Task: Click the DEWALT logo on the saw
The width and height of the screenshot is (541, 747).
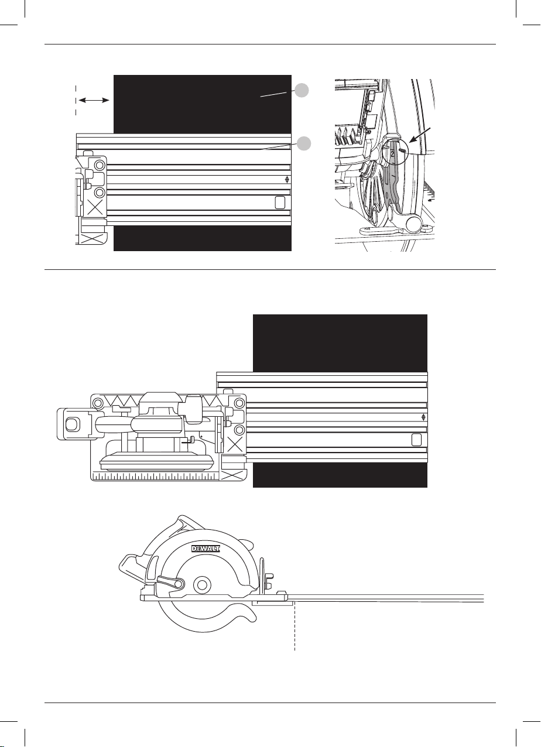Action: [206, 548]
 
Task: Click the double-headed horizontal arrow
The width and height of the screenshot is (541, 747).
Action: [94, 100]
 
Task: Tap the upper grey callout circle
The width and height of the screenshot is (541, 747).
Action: [302, 90]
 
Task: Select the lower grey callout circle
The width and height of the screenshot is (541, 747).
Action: [304, 143]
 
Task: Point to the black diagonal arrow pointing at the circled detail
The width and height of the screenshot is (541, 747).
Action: [422, 135]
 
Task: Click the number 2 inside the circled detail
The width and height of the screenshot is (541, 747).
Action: [392, 154]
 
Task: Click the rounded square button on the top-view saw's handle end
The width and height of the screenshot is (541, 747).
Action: [71, 424]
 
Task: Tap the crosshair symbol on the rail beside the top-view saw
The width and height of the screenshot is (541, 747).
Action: [423, 417]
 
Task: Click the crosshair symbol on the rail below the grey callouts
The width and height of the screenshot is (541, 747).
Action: [287, 180]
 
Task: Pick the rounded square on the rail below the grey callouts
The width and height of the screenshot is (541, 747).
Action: [280, 203]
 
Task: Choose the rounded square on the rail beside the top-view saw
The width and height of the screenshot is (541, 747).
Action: [416, 440]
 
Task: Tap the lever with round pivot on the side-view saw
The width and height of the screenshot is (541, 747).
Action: [170, 581]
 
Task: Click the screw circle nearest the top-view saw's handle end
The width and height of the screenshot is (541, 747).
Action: [98, 403]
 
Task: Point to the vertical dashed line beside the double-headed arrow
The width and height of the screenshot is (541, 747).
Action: [76, 100]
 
